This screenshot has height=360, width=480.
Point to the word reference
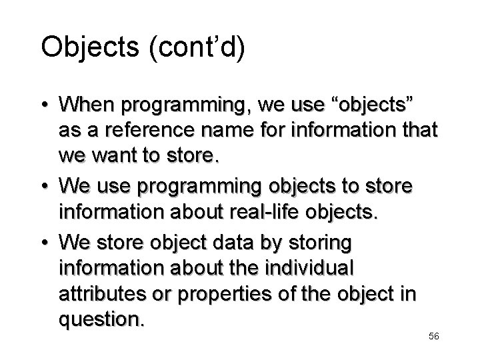pos(131,132)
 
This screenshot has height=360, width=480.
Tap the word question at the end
pos(101,320)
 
